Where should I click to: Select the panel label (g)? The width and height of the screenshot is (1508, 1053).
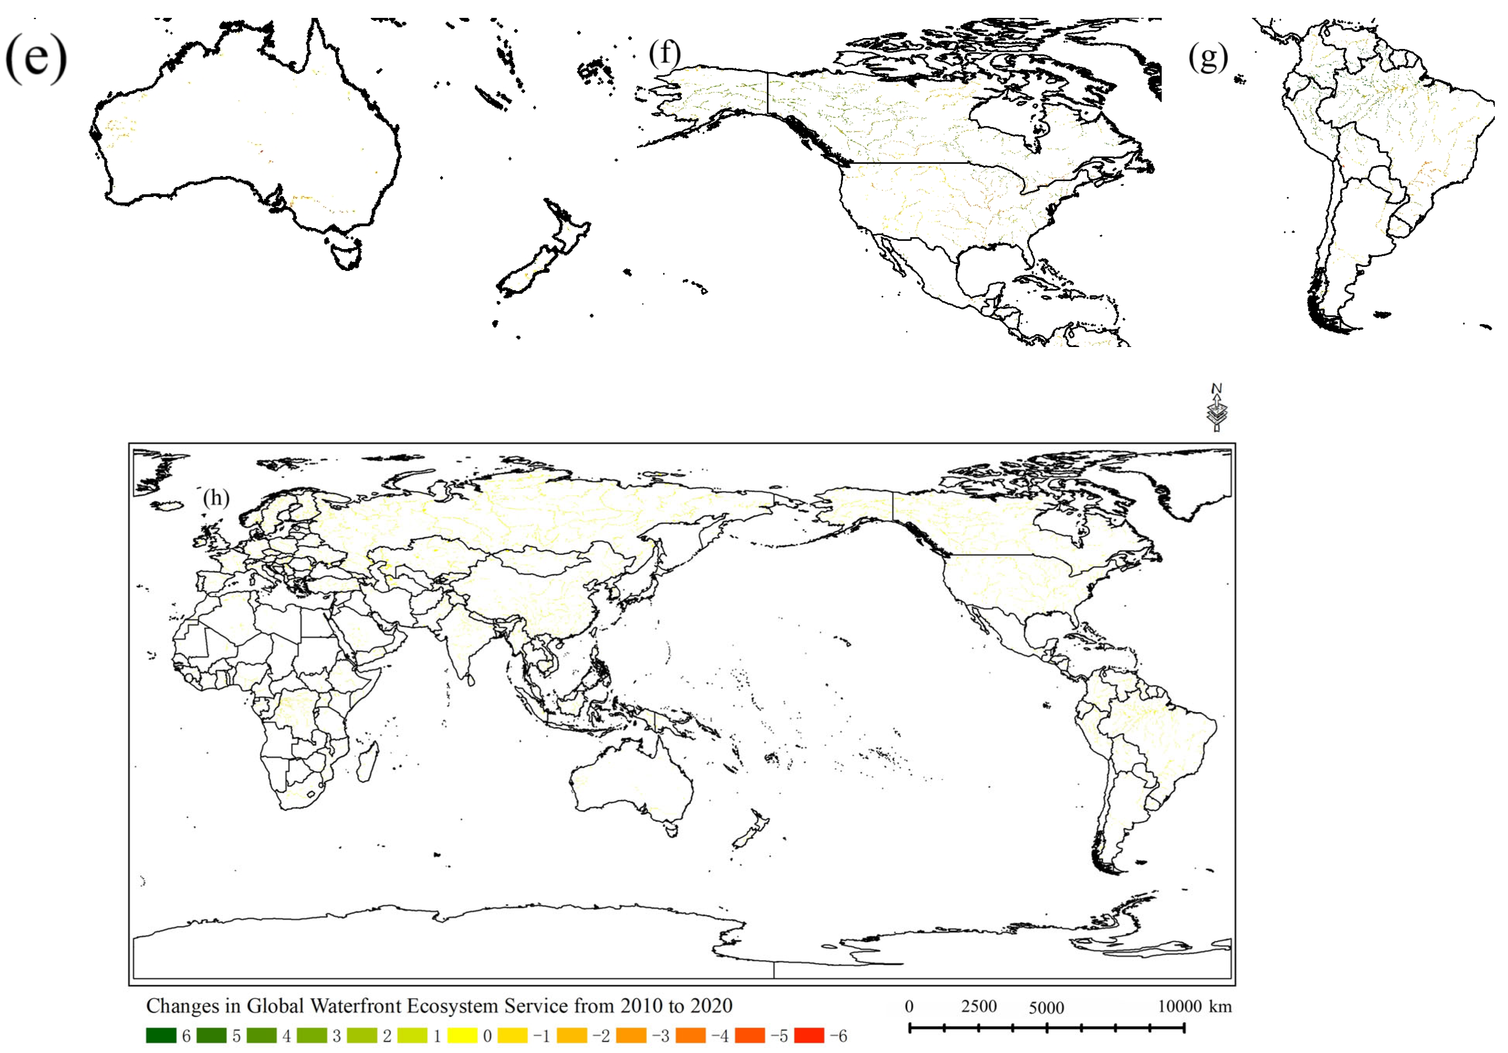pyautogui.click(x=1207, y=58)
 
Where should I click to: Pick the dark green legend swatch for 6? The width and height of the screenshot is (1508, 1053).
pyautogui.click(x=161, y=1035)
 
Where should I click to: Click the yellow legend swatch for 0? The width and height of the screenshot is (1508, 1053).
pyautogui.click(x=462, y=1035)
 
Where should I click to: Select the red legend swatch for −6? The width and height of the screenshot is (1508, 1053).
pyautogui.click(x=808, y=1035)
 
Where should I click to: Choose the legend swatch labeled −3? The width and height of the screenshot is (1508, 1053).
pyautogui.click(x=630, y=1035)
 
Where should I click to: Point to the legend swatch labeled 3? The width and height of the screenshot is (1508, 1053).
pyautogui.click(x=311, y=1035)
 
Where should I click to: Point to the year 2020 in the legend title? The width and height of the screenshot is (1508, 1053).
pyautogui.click(x=708, y=1006)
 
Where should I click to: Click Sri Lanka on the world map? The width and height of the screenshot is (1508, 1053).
pyautogui.click(x=470, y=681)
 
